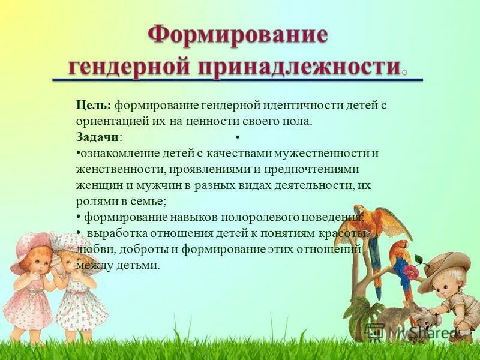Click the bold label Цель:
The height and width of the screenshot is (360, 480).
pyautogui.click(x=94, y=105)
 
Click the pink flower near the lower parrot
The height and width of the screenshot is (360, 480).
pyautogui.click(x=412, y=271)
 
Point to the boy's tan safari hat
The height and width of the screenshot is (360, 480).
pyautogui.click(x=445, y=264)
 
